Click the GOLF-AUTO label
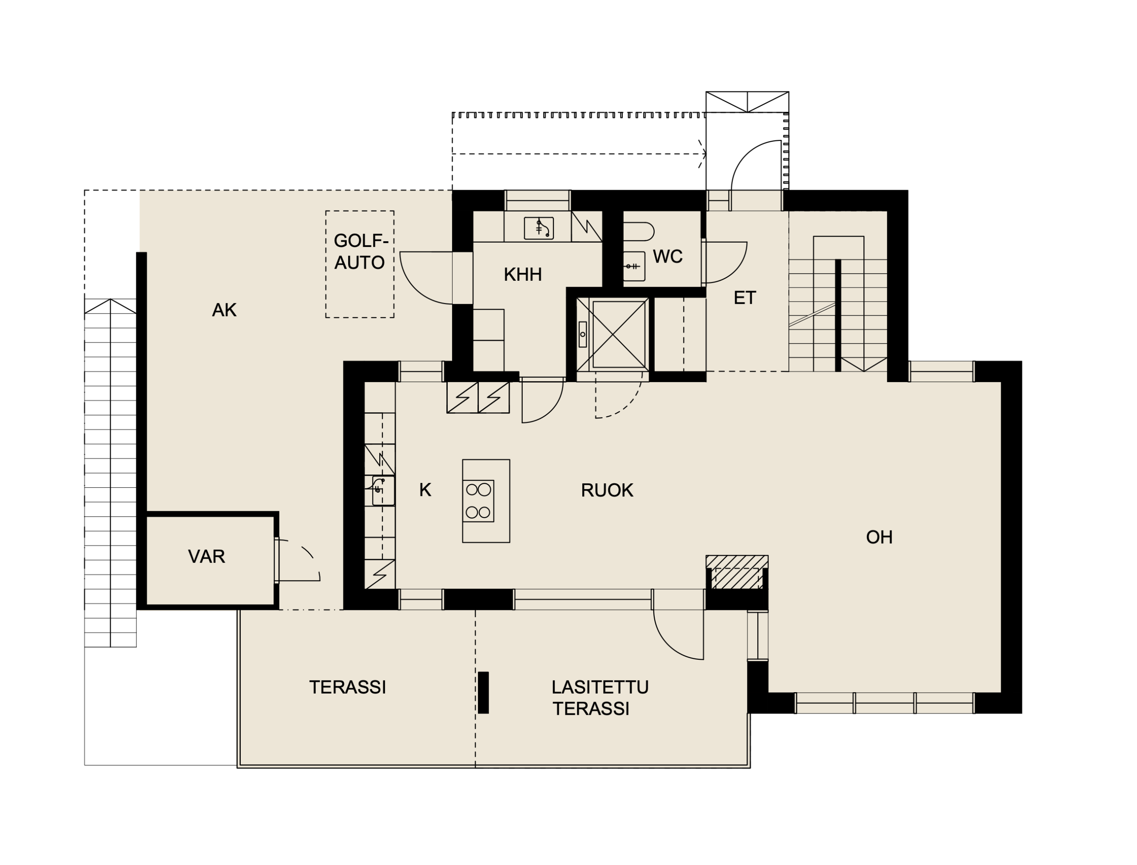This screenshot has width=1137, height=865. [360, 252]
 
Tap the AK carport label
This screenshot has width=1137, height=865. [224, 310]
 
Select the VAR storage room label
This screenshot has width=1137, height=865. [207, 557]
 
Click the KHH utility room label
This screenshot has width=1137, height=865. [522, 275]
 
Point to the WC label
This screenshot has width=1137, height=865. [668, 256]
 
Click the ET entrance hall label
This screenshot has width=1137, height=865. [744, 298]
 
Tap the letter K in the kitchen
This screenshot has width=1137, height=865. [425, 490]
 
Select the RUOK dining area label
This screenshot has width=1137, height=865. [607, 490]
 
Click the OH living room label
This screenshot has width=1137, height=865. [879, 538]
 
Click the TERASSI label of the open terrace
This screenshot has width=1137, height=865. [347, 687]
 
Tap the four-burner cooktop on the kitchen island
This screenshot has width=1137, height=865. [478, 501]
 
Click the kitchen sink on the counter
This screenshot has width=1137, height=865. [383, 490]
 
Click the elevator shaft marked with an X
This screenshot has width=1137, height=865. [613, 335]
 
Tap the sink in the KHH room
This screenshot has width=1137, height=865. [538, 228]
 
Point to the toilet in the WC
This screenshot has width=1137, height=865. [638, 232]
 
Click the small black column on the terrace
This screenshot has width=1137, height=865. [483, 693]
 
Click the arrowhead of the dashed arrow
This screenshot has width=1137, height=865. [702, 154]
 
